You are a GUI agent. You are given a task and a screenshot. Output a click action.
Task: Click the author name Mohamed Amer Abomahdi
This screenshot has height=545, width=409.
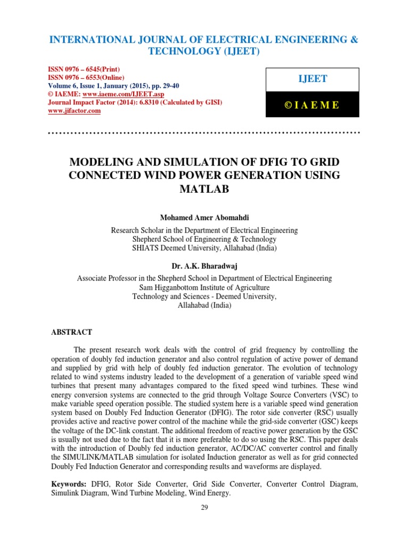(x=204, y=218)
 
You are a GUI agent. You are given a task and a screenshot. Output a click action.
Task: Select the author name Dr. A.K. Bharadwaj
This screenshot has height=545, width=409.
(x=204, y=266)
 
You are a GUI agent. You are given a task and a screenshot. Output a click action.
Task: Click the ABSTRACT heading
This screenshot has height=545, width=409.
(x=71, y=332)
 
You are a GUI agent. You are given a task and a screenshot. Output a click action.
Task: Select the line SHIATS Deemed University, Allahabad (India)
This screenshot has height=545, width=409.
(x=204, y=247)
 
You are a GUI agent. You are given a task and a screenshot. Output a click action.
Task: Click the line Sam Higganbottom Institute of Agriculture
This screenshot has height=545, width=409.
(x=204, y=288)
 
